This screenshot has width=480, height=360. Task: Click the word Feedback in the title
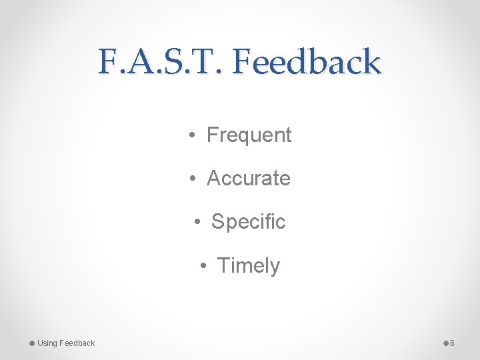[x=307, y=62]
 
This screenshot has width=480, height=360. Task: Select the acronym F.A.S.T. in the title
[x=162, y=62]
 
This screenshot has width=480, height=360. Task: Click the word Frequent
[x=249, y=135]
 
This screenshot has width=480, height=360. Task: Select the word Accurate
[x=249, y=178]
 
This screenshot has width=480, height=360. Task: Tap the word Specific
[x=248, y=221]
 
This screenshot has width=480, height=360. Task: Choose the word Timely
[x=249, y=265]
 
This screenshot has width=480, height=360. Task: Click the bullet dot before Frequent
[x=191, y=135]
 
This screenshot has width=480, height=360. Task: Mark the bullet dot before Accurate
[x=191, y=179]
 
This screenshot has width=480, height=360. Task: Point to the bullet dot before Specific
[x=196, y=222]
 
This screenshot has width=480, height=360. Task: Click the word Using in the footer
[x=47, y=343]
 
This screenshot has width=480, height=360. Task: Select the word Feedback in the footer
[x=77, y=343]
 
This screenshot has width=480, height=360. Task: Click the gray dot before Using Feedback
[x=32, y=343]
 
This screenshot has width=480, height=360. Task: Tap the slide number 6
[x=452, y=343]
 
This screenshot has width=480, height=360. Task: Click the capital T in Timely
[x=223, y=265]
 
